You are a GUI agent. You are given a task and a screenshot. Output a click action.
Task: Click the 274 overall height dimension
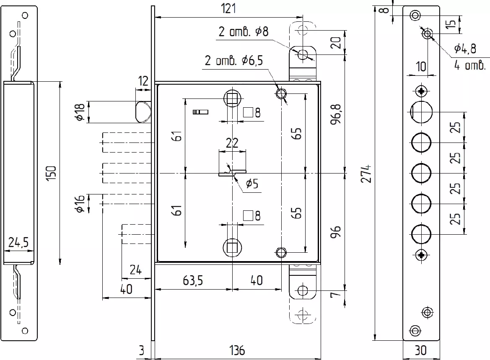tap(367, 174)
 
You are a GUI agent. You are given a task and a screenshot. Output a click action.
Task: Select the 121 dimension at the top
tap(228, 8)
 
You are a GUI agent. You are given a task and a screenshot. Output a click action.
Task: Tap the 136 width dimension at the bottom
tap(237, 351)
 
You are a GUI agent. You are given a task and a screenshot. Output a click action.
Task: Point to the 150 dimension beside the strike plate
tap(52, 173)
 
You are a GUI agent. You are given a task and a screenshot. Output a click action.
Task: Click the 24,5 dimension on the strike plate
tap(18, 242)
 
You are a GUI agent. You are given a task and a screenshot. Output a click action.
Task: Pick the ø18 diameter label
tap(80, 112)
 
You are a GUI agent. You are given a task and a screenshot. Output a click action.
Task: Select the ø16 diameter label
tap(80, 204)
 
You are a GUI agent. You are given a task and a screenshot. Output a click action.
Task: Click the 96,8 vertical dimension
tap(336, 114)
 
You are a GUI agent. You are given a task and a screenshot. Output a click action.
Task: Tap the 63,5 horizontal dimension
tap(193, 280)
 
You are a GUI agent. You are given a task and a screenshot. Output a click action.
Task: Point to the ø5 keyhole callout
tap(252, 184)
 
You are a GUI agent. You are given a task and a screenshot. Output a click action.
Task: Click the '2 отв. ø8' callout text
tap(244, 31)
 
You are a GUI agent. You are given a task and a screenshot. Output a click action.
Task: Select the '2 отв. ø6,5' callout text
tap(234, 60)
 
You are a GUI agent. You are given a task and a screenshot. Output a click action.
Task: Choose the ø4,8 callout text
tap(465, 49)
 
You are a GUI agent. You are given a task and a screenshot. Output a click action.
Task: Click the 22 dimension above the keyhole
tap(232, 143)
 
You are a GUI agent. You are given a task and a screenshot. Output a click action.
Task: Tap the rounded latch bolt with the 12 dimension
tap(143, 112)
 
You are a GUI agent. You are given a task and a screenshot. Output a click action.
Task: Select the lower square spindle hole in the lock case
tap(232, 248)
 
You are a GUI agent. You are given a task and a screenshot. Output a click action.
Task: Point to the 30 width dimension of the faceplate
tap(420, 351)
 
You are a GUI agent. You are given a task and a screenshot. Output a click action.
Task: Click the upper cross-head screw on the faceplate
tap(422, 91)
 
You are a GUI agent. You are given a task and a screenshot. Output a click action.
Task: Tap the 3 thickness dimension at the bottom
tap(142, 351)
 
